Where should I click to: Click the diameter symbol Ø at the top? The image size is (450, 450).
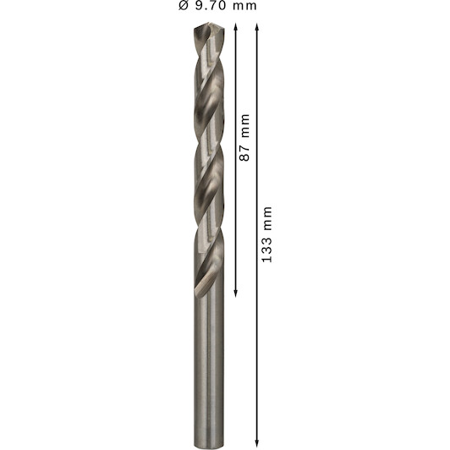click(184, 6)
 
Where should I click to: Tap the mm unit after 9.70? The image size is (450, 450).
click(244, 7)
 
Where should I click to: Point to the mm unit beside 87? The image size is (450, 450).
click(245, 125)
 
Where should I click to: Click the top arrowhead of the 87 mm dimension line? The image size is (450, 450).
click(235, 27)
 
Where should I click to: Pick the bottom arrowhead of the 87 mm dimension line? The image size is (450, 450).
click(235, 294)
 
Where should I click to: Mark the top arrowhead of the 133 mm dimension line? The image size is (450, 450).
click(257, 27)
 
